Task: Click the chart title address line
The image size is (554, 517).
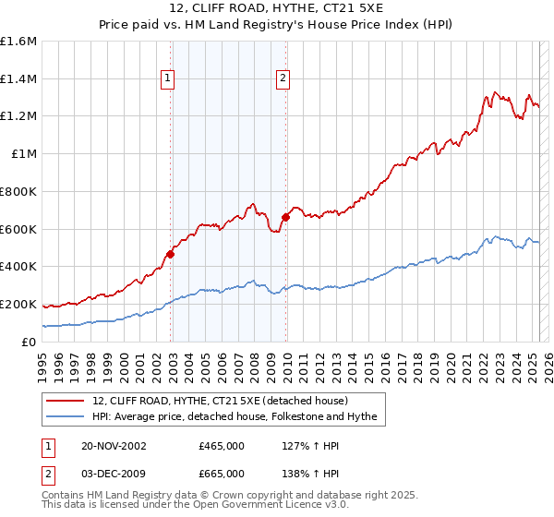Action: coord(276,9)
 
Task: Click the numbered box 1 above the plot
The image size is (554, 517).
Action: coord(168,79)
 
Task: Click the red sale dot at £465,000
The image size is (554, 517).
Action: coord(171,254)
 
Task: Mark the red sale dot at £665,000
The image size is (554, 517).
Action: coord(286,217)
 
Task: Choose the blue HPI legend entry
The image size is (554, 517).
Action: coord(235,417)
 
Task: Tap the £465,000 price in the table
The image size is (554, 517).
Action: coord(222,446)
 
